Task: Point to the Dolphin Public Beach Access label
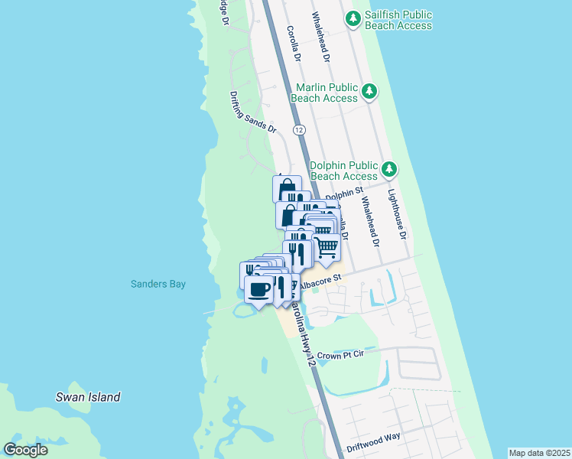345,171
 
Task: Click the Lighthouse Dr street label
396,213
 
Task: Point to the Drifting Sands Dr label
253,112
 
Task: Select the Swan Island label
88,397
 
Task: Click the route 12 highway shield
299,130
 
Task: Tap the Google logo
26,449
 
